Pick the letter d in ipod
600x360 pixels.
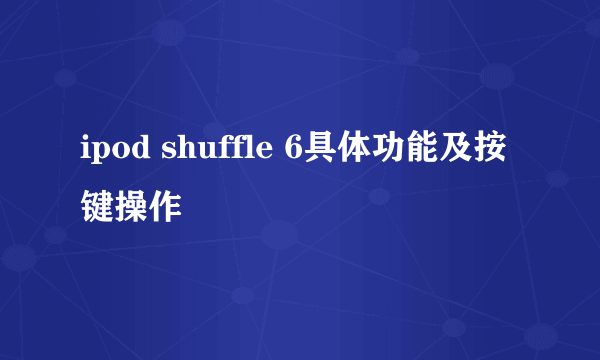click(131, 150)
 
